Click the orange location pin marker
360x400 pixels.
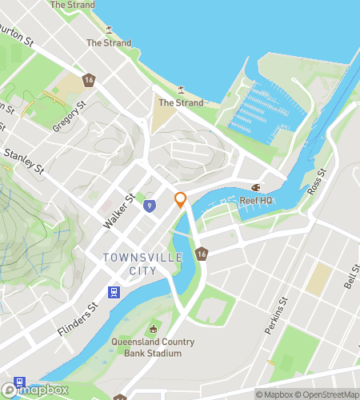click(181, 200)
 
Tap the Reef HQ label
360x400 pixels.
click(256, 199)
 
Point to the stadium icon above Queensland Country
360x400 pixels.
click(153, 330)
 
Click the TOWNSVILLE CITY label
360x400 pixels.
click(143, 263)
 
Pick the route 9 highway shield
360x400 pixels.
click(150, 206)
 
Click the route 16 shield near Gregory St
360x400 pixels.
click(89, 80)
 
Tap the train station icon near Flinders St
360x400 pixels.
click(114, 293)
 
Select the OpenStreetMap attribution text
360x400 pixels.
click(328, 394)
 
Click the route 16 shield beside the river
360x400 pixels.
click(201, 253)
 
